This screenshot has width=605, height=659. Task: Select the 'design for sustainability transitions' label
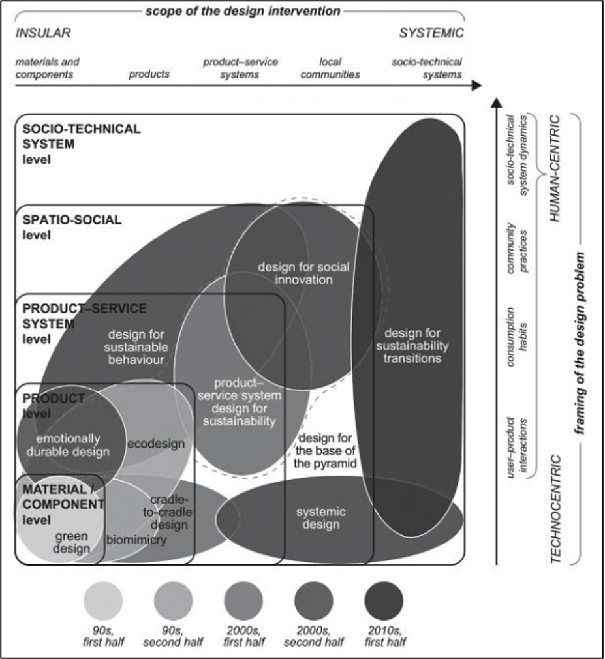pyautogui.click(x=412, y=345)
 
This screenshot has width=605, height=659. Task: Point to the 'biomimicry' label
pyautogui.click(x=136, y=540)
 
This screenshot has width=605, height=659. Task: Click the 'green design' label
pyautogui.click(x=72, y=542)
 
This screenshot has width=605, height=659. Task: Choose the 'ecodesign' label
pyautogui.click(x=156, y=444)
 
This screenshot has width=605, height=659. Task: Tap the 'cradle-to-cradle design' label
pyautogui.click(x=171, y=513)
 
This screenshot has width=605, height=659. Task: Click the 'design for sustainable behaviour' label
pyautogui.click(x=136, y=346)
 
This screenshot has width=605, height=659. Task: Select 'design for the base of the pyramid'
pyautogui.click(x=324, y=450)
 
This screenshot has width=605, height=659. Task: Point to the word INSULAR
pyautogui.click(x=42, y=33)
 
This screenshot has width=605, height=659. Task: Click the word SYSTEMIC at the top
pyautogui.click(x=431, y=33)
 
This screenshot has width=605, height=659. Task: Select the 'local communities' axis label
pyautogui.click(x=330, y=69)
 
